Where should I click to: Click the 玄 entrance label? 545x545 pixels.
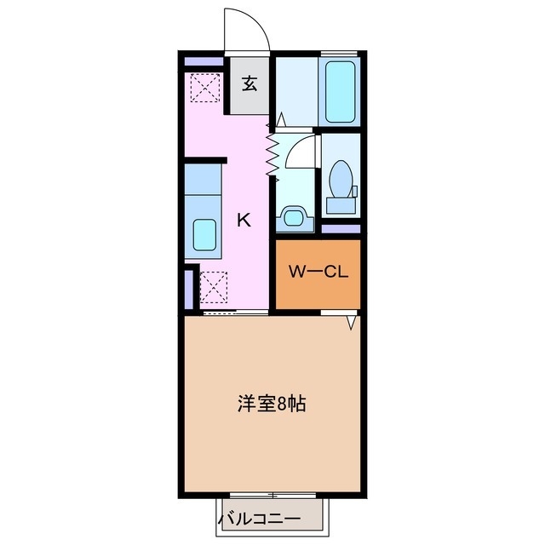pyautogui.click(x=250, y=83)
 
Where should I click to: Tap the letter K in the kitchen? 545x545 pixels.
pyautogui.click(x=243, y=220)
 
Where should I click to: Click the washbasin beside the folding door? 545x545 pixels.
pyautogui.click(x=295, y=217)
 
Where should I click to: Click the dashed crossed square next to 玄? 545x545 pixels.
pyautogui.click(x=204, y=86)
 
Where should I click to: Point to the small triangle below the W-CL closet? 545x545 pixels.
pyautogui.click(x=350, y=324)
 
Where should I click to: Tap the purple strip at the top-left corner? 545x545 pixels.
pyautogui.click(x=203, y=61)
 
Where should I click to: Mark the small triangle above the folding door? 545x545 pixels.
pyautogui.click(x=281, y=118)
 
